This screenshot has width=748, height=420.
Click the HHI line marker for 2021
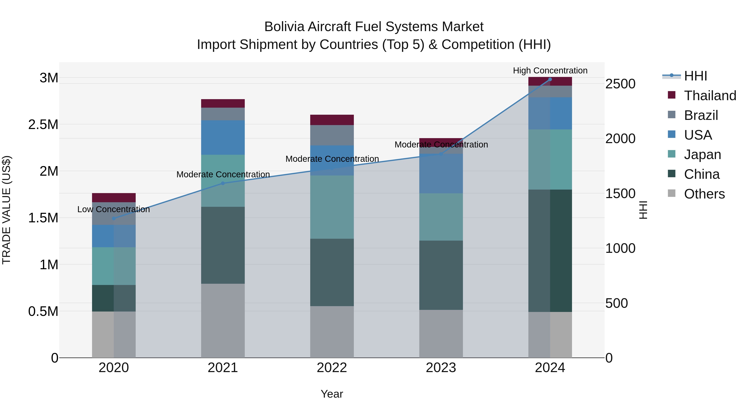(x=223, y=183)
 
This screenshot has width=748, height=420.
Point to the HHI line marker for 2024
(x=550, y=79)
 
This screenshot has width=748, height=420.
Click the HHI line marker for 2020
(x=114, y=218)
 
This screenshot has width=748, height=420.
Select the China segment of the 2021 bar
(x=223, y=245)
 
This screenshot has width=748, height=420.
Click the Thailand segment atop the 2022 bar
(x=332, y=120)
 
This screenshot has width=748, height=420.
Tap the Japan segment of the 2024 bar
(x=550, y=159)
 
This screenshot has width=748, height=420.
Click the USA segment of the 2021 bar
(x=223, y=137)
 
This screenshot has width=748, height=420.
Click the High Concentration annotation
(x=550, y=71)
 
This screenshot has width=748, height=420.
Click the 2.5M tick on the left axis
(x=43, y=124)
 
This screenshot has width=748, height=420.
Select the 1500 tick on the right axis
(x=620, y=194)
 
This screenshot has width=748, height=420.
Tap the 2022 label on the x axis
(x=332, y=368)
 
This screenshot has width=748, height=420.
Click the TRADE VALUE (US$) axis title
(x=6, y=210)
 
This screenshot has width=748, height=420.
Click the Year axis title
(x=332, y=394)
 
